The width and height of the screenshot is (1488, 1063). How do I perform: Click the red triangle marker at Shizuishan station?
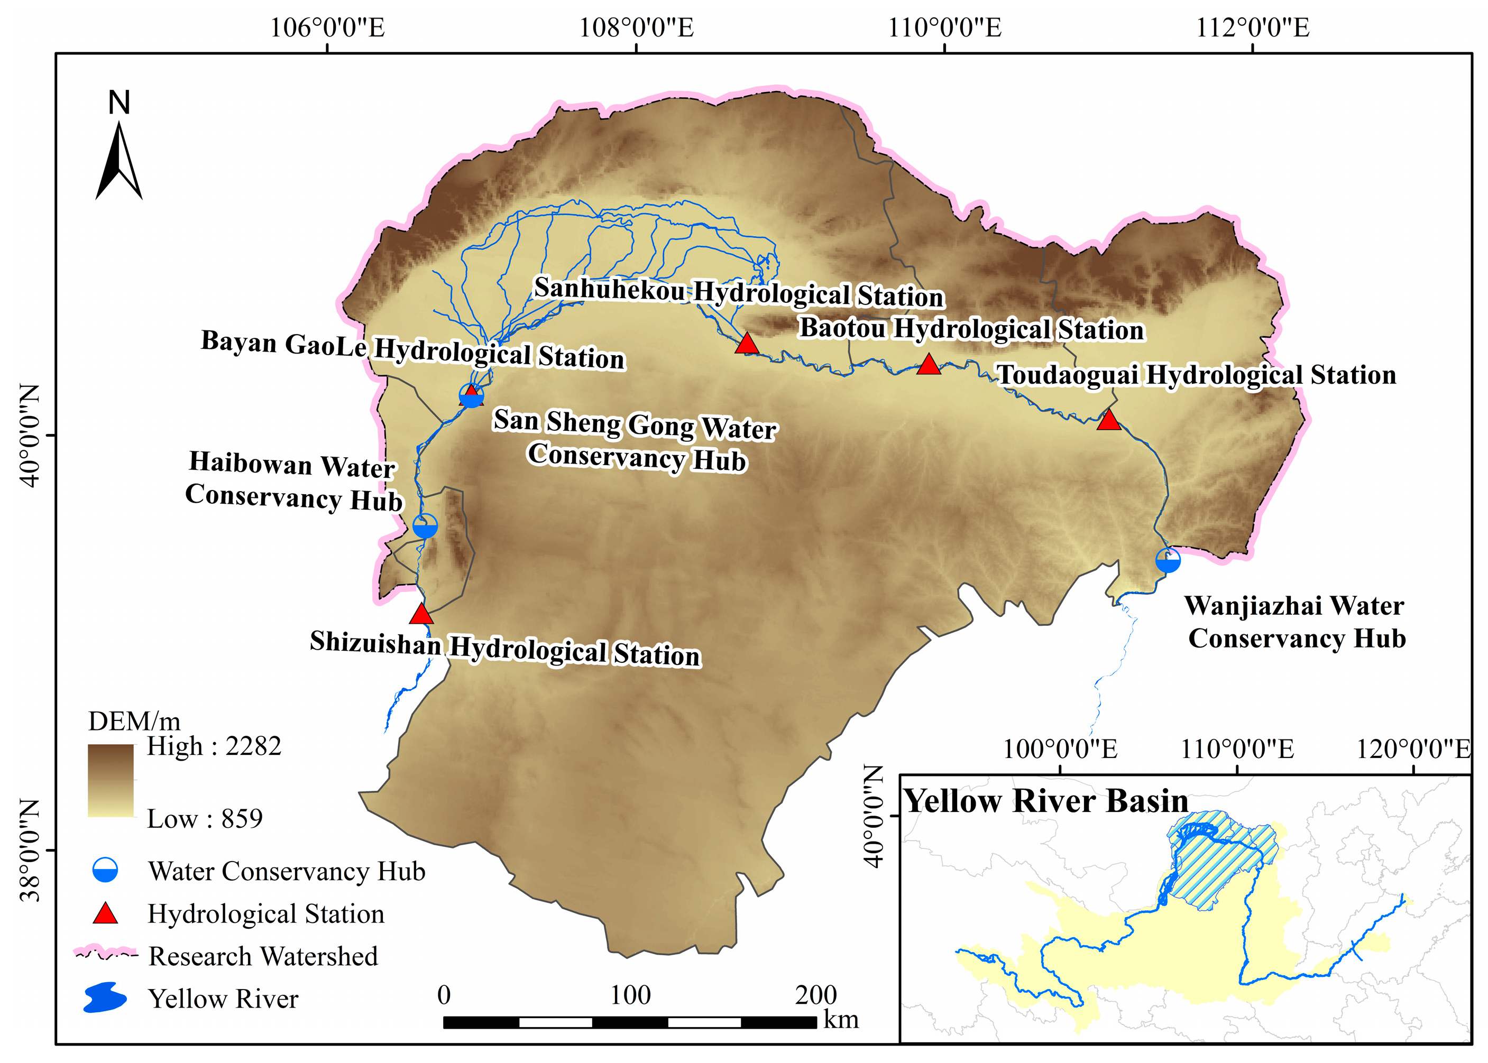point(421,615)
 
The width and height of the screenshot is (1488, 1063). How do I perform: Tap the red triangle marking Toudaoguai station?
point(1108,420)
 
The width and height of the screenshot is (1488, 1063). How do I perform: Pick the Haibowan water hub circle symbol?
point(425,525)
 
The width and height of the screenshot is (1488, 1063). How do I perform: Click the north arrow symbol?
point(119,160)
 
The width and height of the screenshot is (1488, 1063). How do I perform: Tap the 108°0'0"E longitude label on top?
point(636,28)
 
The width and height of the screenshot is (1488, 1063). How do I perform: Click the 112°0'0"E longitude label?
point(1252,28)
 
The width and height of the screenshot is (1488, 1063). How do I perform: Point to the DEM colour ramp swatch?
point(111,780)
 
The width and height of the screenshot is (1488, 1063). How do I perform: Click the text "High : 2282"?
point(214,746)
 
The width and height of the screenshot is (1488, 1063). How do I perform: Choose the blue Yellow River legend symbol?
point(105,997)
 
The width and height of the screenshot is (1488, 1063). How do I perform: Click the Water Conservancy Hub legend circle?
point(105,871)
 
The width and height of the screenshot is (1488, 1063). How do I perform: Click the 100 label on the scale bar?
point(630,995)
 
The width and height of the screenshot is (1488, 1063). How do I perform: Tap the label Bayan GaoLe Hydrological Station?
point(412,349)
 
